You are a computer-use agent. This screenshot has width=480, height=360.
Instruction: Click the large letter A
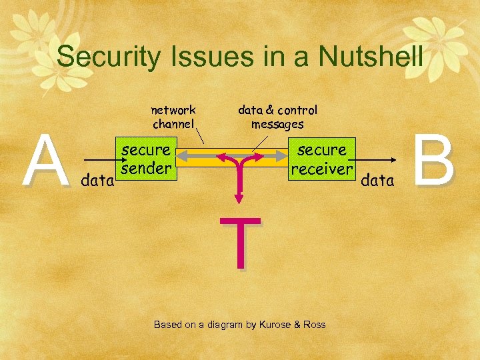(x=45, y=161)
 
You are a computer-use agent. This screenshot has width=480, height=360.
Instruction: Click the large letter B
(x=435, y=161)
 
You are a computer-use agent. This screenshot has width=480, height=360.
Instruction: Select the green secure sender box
(x=145, y=159)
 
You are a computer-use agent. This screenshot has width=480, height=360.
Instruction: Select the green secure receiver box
(x=321, y=159)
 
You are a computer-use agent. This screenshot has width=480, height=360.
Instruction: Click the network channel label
(x=173, y=117)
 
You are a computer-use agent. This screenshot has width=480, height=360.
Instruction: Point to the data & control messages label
(x=277, y=117)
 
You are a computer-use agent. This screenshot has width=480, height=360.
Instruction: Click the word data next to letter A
(x=97, y=180)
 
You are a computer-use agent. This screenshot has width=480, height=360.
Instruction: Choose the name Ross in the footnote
(x=314, y=325)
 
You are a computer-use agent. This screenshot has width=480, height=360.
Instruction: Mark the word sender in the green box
(x=145, y=169)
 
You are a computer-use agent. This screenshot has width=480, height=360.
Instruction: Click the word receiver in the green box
(x=321, y=169)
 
